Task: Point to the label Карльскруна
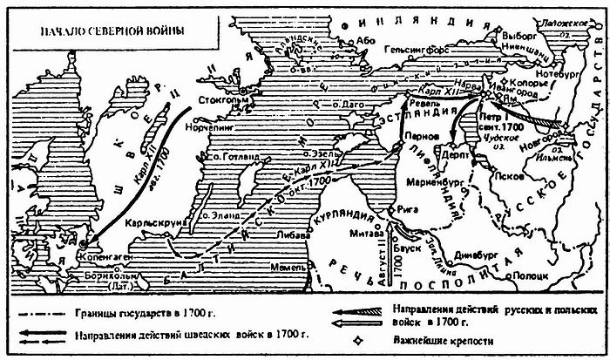point(154,222)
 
